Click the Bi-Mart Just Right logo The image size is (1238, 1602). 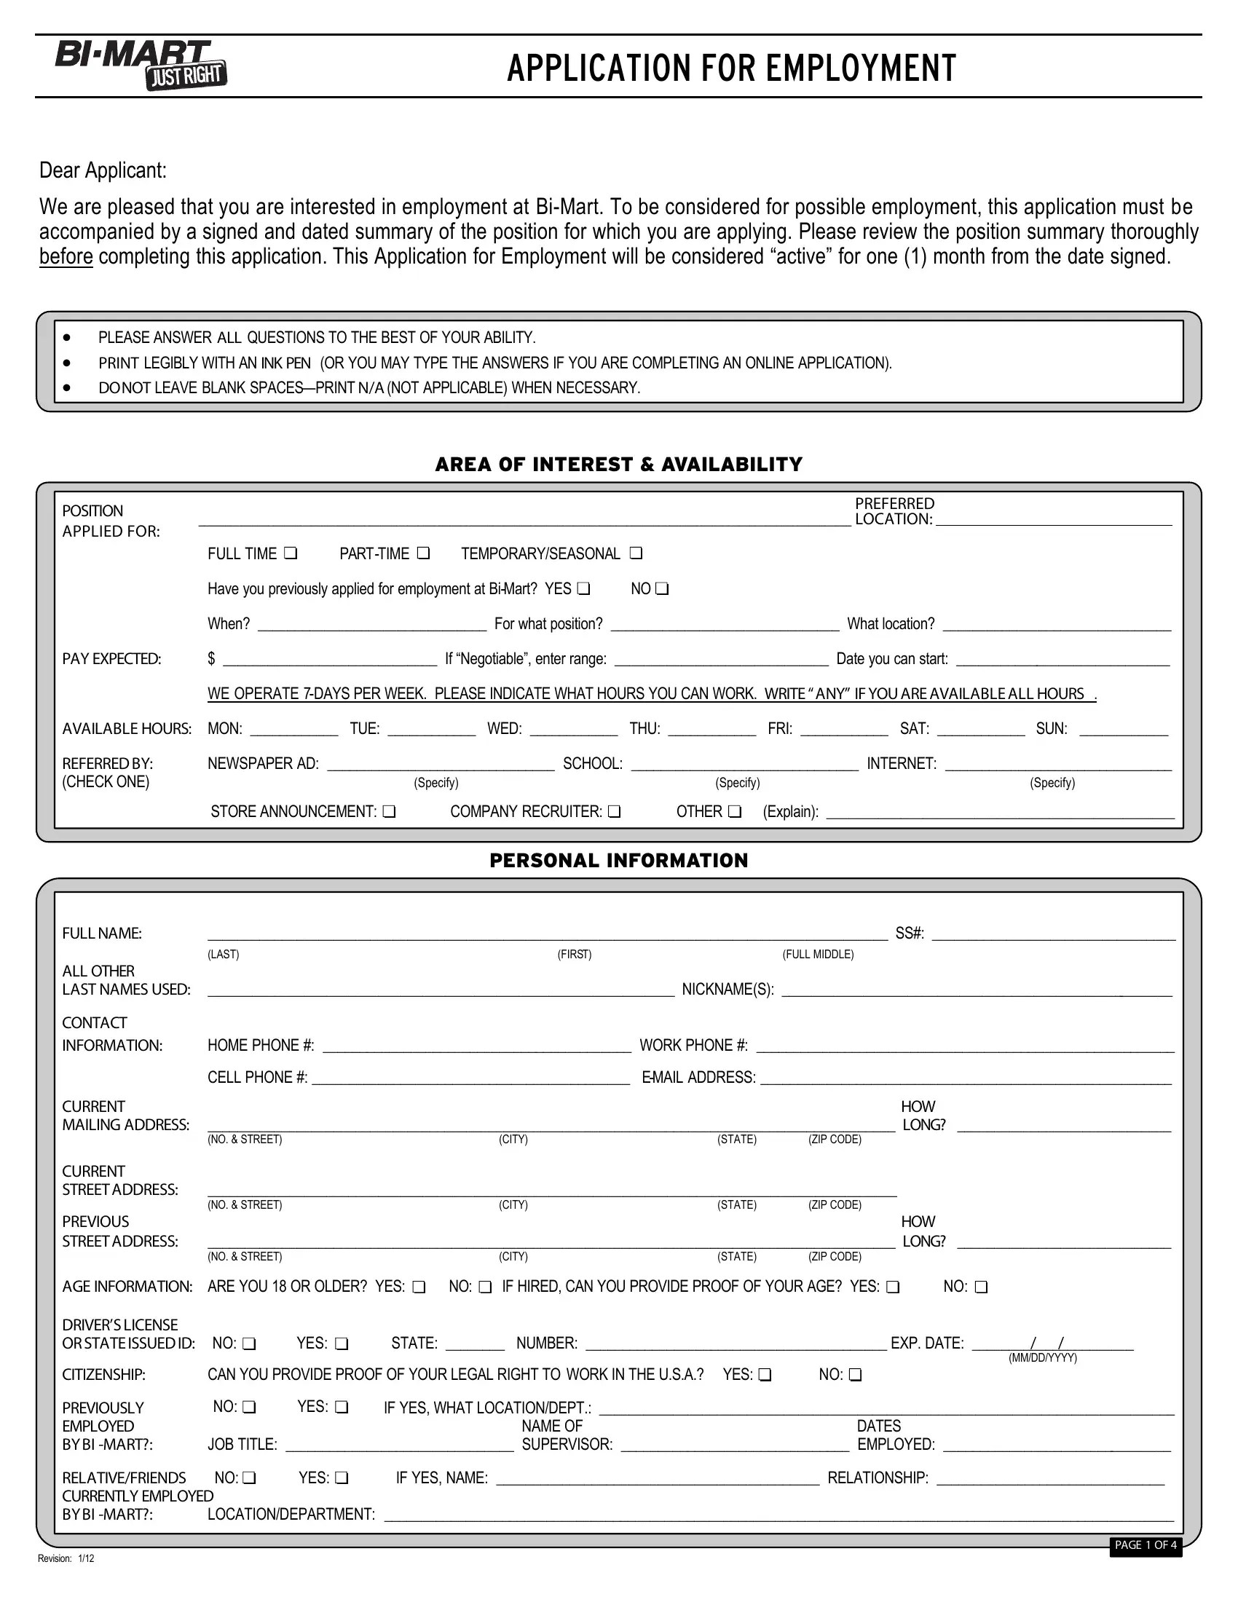click(x=141, y=65)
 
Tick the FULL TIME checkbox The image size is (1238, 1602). click(x=291, y=553)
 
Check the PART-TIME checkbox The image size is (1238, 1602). click(x=423, y=553)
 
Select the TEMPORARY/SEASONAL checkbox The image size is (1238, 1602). click(x=636, y=553)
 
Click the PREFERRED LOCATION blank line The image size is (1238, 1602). click(x=1053, y=520)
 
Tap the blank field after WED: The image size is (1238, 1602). click(x=574, y=730)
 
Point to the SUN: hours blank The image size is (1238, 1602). click(x=1124, y=730)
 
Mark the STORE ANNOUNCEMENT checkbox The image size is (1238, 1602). click(x=389, y=811)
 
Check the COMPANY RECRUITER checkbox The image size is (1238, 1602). click(x=614, y=811)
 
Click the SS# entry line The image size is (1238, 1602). click(x=1053, y=935)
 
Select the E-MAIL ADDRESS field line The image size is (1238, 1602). click(x=966, y=1079)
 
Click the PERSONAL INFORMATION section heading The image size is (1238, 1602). click(x=618, y=861)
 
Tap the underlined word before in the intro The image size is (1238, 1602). click(x=66, y=257)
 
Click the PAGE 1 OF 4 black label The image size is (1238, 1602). click(x=1145, y=1545)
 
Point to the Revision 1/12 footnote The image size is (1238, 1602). click(x=66, y=1559)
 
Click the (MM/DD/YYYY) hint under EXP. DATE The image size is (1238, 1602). click(x=1042, y=1358)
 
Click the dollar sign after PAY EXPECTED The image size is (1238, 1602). click(x=211, y=659)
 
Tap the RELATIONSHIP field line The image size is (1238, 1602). click(x=1050, y=1480)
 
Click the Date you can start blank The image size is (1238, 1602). click(x=1062, y=661)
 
